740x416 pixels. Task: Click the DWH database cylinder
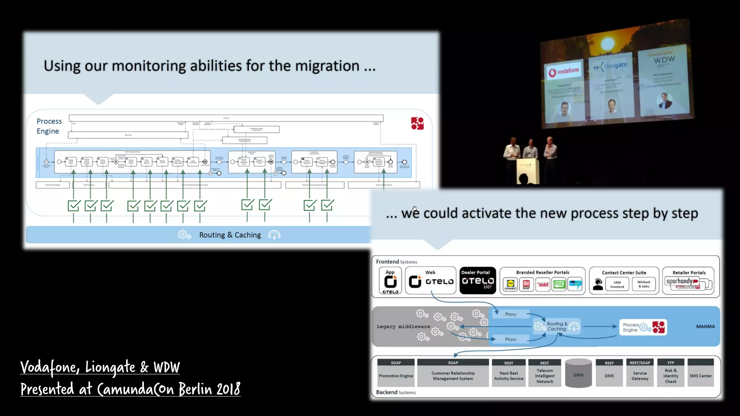click(578, 374)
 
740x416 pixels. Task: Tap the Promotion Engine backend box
click(396, 376)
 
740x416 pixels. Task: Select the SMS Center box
click(700, 376)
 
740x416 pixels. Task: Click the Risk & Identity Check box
click(670, 376)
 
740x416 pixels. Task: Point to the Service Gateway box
click(640, 376)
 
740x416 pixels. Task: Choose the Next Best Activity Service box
click(508, 376)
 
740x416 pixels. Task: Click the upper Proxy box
click(511, 314)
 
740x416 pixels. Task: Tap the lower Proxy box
click(511, 339)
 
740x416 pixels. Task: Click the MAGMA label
click(705, 326)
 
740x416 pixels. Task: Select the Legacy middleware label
click(403, 326)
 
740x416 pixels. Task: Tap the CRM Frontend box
click(617, 285)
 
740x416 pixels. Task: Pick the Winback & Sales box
click(644, 285)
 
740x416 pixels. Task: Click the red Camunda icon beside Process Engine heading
click(417, 123)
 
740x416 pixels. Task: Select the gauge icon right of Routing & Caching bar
click(274, 235)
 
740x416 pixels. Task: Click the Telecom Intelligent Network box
click(545, 376)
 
